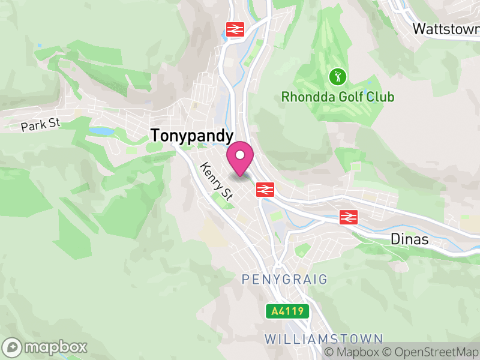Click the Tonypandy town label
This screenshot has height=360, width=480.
[x=191, y=136]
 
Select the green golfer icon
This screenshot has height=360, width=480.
[x=338, y=76]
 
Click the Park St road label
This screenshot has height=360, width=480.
[x=41, y=125]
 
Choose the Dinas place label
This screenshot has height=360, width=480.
[x=409, y=239]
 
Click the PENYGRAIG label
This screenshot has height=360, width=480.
[x=285, y=279]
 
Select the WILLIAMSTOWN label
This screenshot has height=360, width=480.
[x=323, y=338]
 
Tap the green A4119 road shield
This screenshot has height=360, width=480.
[x=288, y=311]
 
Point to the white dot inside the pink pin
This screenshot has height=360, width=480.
[x=240, y=155]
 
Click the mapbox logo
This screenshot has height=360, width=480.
[x=46, y=347]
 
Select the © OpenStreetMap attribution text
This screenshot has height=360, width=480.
[x=430, y=352]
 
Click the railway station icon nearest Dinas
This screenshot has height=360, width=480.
[x=347, y=217]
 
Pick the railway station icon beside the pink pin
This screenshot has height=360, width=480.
[x=265, y=189]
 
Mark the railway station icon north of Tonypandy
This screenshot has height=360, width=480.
[x=234, y=29]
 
